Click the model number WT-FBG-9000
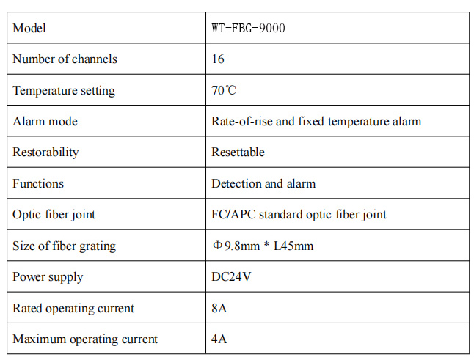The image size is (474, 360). [x=248, y=28]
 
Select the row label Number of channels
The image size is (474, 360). [x=65, y=59]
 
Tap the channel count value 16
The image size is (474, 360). [x=218, y=59]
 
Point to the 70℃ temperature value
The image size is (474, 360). [x=224, y=90]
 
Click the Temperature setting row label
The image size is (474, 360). [x=64, y=91]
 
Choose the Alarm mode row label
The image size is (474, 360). [x=45, y=122]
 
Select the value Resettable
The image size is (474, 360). [x=238, y=152]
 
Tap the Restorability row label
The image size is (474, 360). [x=45, y=153]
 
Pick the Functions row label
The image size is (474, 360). [x=38, y=183]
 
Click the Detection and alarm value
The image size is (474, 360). [x=263, y=183]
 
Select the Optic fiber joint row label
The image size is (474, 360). [x=54, y=215]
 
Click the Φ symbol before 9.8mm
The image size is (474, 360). [x=217, y=245]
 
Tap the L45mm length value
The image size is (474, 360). [x=293, y=246]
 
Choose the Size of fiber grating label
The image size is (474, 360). [x=64, y=246]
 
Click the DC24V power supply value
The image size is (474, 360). [x=231, y=276]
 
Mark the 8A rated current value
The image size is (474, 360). [x=219, y=308]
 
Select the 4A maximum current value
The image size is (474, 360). [x=219, y=339]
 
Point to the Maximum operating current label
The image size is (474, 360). [x=85, y=339]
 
